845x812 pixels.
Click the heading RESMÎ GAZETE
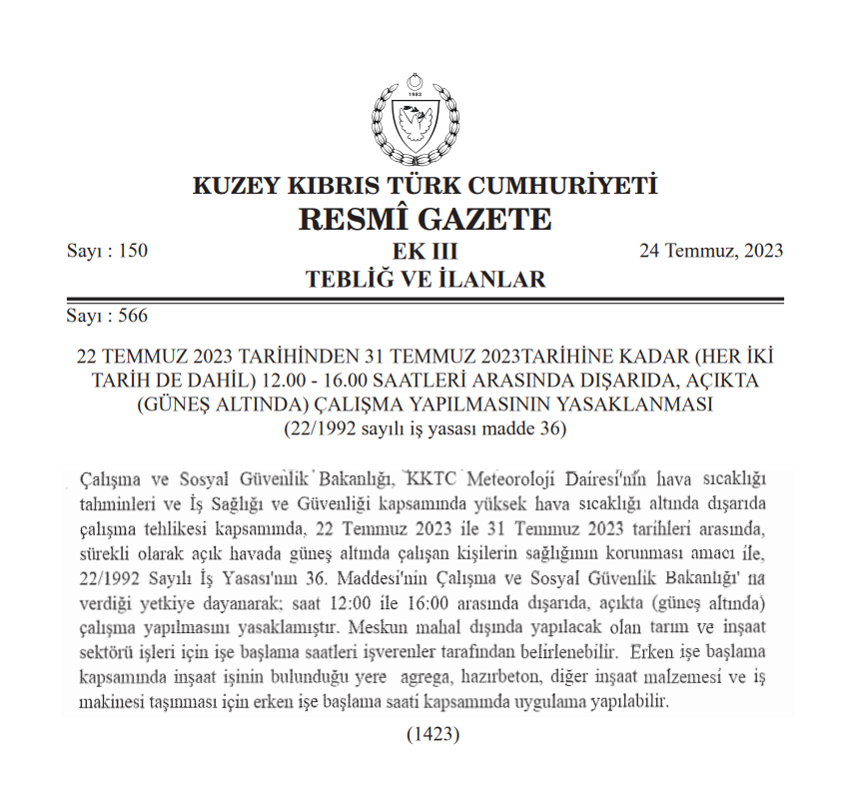tap(423, 218)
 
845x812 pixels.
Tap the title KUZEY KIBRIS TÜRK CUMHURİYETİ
tap(423, 186)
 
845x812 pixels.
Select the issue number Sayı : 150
tap(107, 251)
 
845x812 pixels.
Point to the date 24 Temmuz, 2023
tap(711, 251)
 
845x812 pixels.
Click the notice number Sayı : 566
tap(107, 318)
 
